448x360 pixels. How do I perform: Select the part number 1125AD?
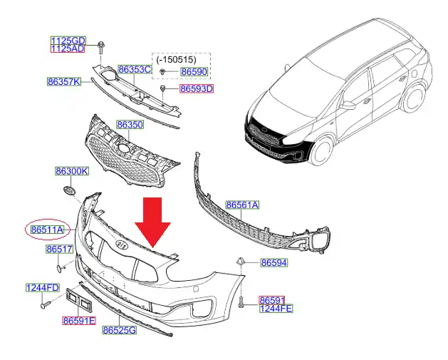(x=68, y=49)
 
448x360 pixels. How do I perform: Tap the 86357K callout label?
(x=64, y=81)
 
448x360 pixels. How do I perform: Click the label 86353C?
(x=135, y=70)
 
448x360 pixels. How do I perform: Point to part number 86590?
(x=193, y=72)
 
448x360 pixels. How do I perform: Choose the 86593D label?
(x=197, y=89)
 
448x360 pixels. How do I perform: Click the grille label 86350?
(x=130, y=125)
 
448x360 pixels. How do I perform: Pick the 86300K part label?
(x=72, y=172)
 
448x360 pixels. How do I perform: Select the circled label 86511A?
(x=47, y=230)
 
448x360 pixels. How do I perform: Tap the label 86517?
(x=60, y=250)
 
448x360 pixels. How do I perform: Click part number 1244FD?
(x=43, y=288)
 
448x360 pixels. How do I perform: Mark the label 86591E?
(x=78, y=322)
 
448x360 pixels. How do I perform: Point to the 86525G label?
(x=119, y=331)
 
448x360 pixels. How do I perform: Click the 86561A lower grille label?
(x=243, y=205)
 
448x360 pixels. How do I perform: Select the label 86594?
(x=274, y=263)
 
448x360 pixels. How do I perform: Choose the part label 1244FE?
(x=275, y=309)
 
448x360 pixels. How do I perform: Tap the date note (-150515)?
(x=179, y=59)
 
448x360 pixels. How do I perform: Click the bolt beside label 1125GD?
(x=100, y=48)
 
